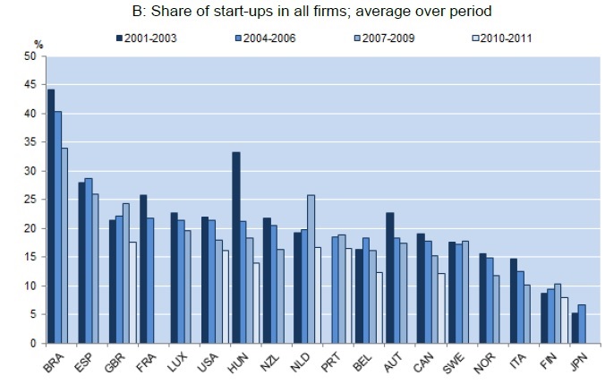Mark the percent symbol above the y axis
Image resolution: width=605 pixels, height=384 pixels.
38,44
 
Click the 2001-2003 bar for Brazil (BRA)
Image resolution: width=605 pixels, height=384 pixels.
50,216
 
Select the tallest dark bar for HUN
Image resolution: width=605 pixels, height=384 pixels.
235,248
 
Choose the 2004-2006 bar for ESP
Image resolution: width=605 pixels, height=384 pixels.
88,260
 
